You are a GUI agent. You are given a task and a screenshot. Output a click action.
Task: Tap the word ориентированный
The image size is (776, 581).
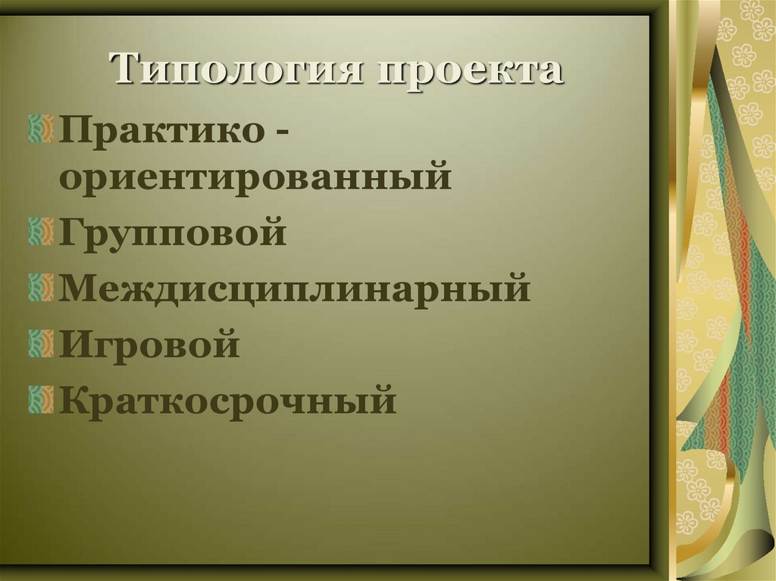256,179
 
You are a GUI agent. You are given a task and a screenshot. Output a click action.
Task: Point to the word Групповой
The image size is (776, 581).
174,233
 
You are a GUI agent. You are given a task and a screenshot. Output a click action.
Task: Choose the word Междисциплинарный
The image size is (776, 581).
296,289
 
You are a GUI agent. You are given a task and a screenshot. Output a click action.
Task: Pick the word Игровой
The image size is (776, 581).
150,345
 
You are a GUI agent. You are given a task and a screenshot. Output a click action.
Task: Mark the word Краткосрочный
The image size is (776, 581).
228,399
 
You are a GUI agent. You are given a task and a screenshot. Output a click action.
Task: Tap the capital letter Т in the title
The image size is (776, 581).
129,70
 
